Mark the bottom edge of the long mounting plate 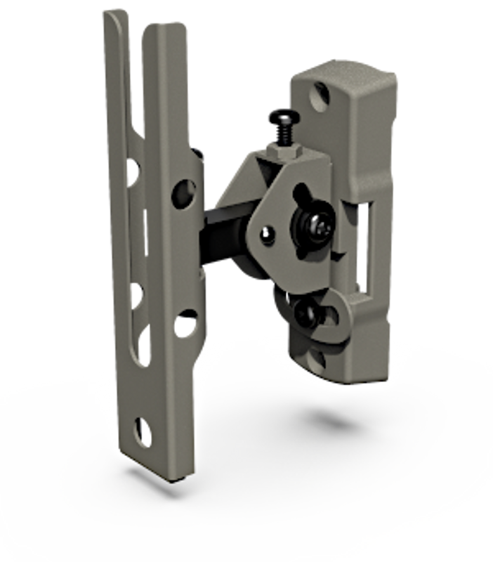click(x=162, y=478)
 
